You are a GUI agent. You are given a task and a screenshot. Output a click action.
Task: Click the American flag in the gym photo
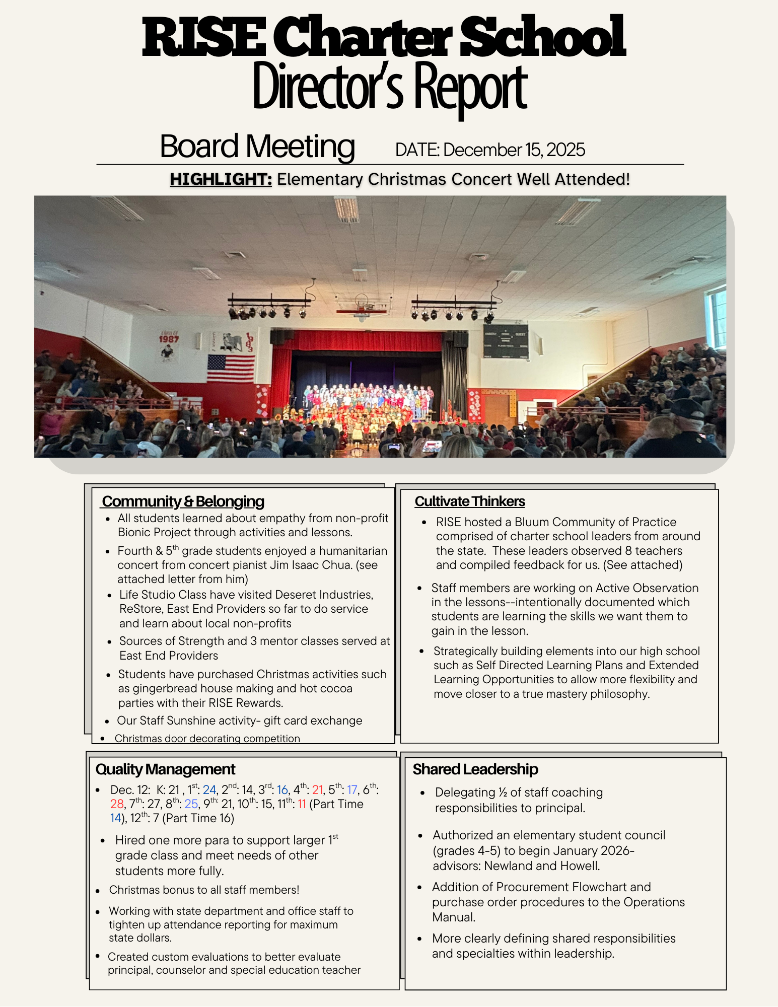(x=231, y=368)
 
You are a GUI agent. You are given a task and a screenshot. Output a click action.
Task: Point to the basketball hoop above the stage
(x=362, y=308)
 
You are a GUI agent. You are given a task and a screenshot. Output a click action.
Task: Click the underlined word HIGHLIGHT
(x=221, y=179)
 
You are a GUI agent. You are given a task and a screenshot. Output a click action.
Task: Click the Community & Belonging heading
(x=183, y=501)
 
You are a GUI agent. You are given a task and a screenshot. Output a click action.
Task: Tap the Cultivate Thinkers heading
(x=469, y=501)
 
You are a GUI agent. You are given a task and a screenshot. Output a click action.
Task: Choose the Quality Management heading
(x=165, y=769)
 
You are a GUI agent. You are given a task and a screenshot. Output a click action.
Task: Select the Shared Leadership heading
(x=475, y=769)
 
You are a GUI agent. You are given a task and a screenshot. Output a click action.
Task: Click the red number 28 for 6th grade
(x=117, y=804)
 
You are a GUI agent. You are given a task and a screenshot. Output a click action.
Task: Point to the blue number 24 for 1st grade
(x=209, y=790)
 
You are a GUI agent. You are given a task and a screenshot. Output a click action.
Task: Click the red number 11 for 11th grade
(x=302, y=804)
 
